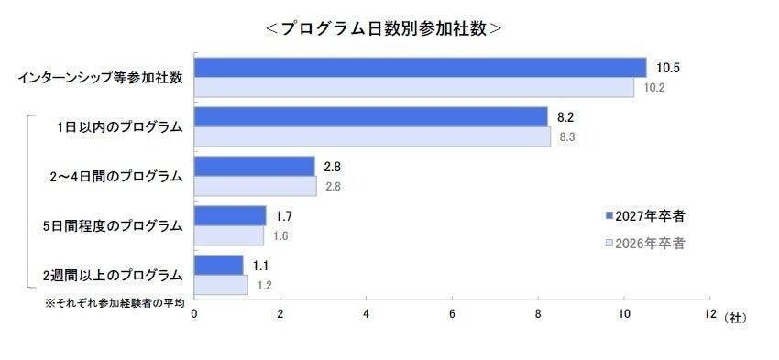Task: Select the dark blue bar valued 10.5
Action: [x=420, y=68]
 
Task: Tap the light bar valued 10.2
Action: [x=413, y=88]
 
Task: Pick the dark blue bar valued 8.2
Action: [x=370, y=117]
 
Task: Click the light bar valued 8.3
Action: [x=372, y=137]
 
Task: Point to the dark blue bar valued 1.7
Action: [x=230, y=216]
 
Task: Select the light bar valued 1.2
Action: [x=220, y=285]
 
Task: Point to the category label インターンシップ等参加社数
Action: [x=100, y=78]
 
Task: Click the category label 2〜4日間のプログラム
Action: [x=116, y=176]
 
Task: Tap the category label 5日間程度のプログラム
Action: [x=116, y=225]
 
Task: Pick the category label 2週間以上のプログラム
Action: [x=116, y=274]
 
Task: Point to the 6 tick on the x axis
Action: [x=452, y=314]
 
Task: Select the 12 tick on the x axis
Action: [x=709, y=314]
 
